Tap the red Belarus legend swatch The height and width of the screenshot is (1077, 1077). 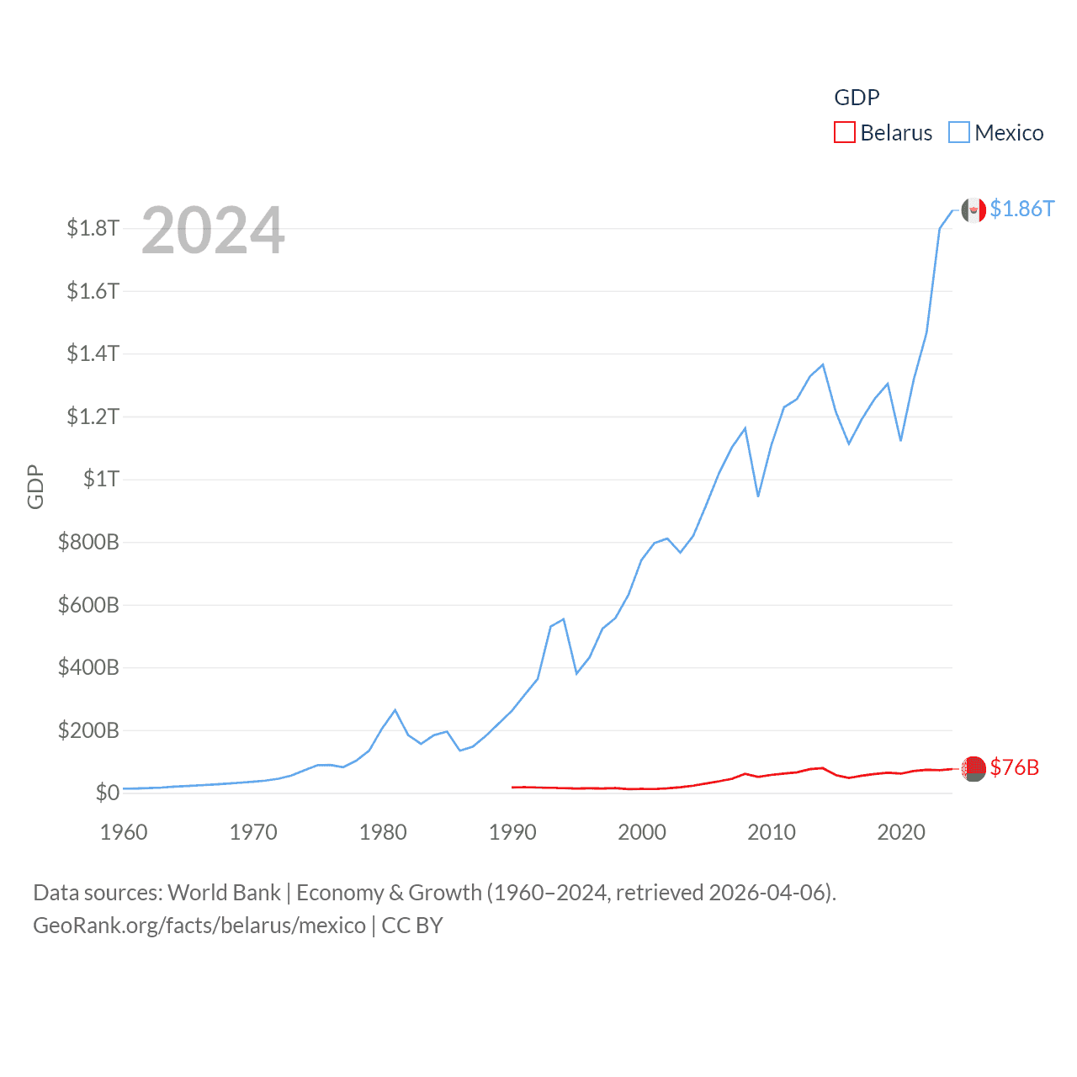845,133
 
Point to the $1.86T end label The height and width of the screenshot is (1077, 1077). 1021,209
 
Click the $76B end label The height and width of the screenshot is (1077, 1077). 1014,767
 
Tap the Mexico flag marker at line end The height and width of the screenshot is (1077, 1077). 974,210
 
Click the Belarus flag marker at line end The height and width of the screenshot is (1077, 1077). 974,768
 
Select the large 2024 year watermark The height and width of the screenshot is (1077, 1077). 213,231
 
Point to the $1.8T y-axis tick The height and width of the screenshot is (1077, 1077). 93,228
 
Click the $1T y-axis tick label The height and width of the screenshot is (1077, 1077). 101,479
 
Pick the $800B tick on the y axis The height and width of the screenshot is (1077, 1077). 88,542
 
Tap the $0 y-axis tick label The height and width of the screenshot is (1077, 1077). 107,793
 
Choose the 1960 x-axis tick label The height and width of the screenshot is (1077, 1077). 124,832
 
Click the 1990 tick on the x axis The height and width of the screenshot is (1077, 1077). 512,832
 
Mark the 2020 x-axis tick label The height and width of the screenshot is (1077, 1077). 901,832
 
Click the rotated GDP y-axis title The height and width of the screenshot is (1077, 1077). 35,486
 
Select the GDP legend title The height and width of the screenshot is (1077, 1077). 857,98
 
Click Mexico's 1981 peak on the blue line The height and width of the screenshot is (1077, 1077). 395,710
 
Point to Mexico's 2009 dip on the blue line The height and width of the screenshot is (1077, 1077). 758,496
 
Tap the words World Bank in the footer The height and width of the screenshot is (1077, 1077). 225,893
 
